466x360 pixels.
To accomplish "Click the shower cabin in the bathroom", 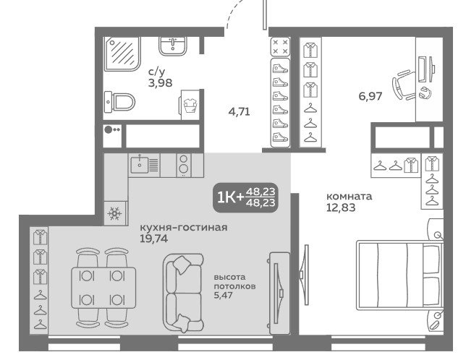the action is (x=122, y=53).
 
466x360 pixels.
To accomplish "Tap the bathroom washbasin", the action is (x=173, y=46).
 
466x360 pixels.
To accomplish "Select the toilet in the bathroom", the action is (x=119, y=102).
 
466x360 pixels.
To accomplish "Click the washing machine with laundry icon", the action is (x=190, y=105).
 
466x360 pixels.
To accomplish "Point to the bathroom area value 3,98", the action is (x=160, y=83).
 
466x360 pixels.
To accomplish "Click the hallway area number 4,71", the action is (x=239, y=112).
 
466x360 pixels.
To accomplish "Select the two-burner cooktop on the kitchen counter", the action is (x=184, y=165).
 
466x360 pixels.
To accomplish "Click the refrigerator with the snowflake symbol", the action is (x=115, y=213).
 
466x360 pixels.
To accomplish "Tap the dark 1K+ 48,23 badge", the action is (x=245, y=197).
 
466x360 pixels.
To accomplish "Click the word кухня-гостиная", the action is (x=183, y=228).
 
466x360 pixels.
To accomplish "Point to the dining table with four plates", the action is (x=103, y=287).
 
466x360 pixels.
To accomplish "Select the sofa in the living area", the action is (x=183, y=293).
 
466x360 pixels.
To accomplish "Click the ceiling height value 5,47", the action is (x=223, y=295).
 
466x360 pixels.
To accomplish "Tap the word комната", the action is (x=349, y=197).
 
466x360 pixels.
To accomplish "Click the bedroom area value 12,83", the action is (x=341, y=207).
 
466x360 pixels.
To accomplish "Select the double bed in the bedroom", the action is (x=400, y=275).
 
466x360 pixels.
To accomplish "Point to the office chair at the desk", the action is (x=404, y=85).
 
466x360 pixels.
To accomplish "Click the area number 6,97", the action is (x=370, y=96).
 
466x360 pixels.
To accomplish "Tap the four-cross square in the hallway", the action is (x=280, y=46).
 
